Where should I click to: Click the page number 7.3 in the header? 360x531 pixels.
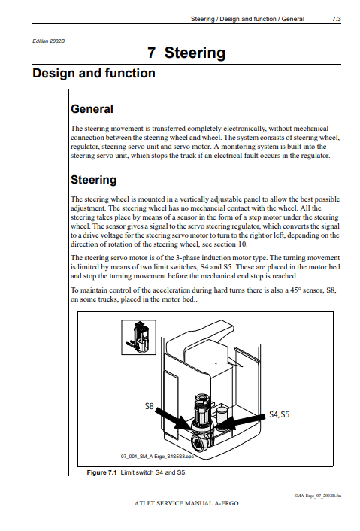tap(336, 19)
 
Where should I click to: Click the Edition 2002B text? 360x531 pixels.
tap(48, 41)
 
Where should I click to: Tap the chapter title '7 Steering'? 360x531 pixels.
tap(186, 53)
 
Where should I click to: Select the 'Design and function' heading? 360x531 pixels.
tap(94, 73)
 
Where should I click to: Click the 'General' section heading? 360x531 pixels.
tap(92, 109)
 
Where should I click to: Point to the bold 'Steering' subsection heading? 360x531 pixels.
tap(93, 180)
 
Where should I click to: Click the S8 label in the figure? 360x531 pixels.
tap(150, 406)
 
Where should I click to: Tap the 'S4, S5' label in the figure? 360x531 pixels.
tap(279, 414)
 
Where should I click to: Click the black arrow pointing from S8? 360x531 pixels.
tap(174, 419)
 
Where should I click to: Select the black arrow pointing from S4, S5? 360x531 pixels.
tap(241, 422)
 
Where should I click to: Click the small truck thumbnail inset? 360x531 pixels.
tap(139, 337)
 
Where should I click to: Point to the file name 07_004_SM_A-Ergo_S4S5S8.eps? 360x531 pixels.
tap(157, 456)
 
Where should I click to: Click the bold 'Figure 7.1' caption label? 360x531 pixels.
tap(101, 472)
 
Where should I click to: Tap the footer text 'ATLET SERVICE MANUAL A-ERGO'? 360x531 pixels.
tap(186, 503)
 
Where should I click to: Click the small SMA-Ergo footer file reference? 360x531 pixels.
tap(318, 496)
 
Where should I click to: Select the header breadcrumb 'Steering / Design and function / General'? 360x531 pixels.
tap(247, 19)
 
